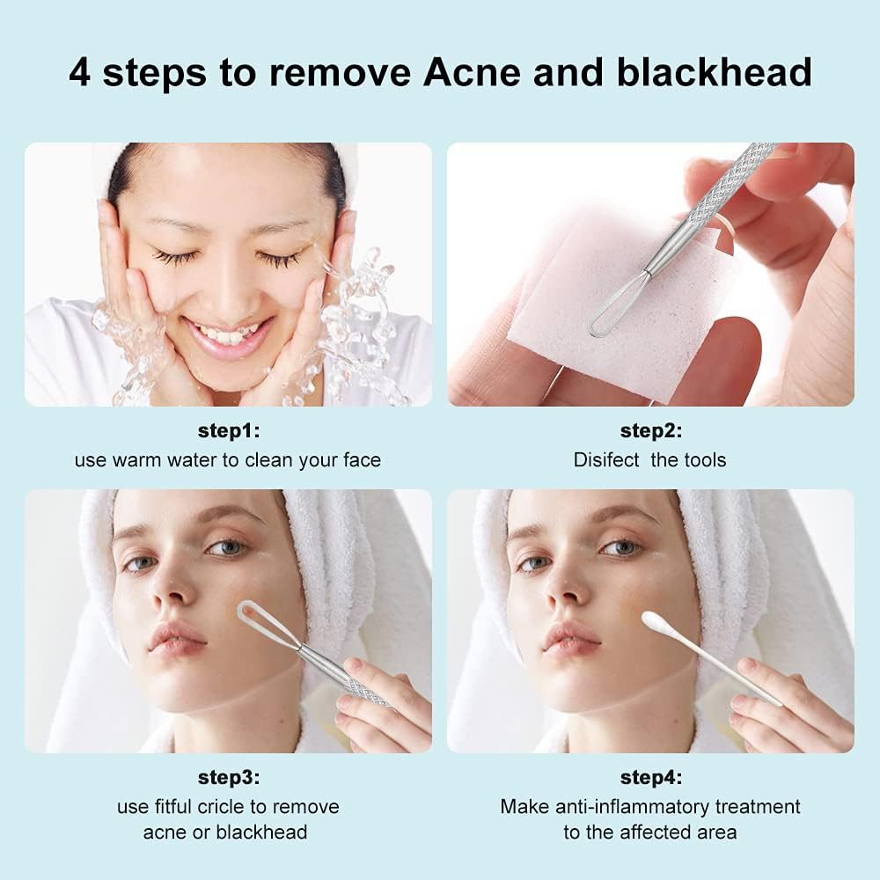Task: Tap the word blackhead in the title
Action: point(714,72)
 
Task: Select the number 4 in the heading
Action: point(79,72)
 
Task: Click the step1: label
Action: point(228,431)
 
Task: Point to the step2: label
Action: point(650,431)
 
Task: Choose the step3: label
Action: point(228,777)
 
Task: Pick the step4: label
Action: point(650,777)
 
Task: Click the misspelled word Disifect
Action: point(606,459)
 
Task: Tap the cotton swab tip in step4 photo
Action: point(656,621)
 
